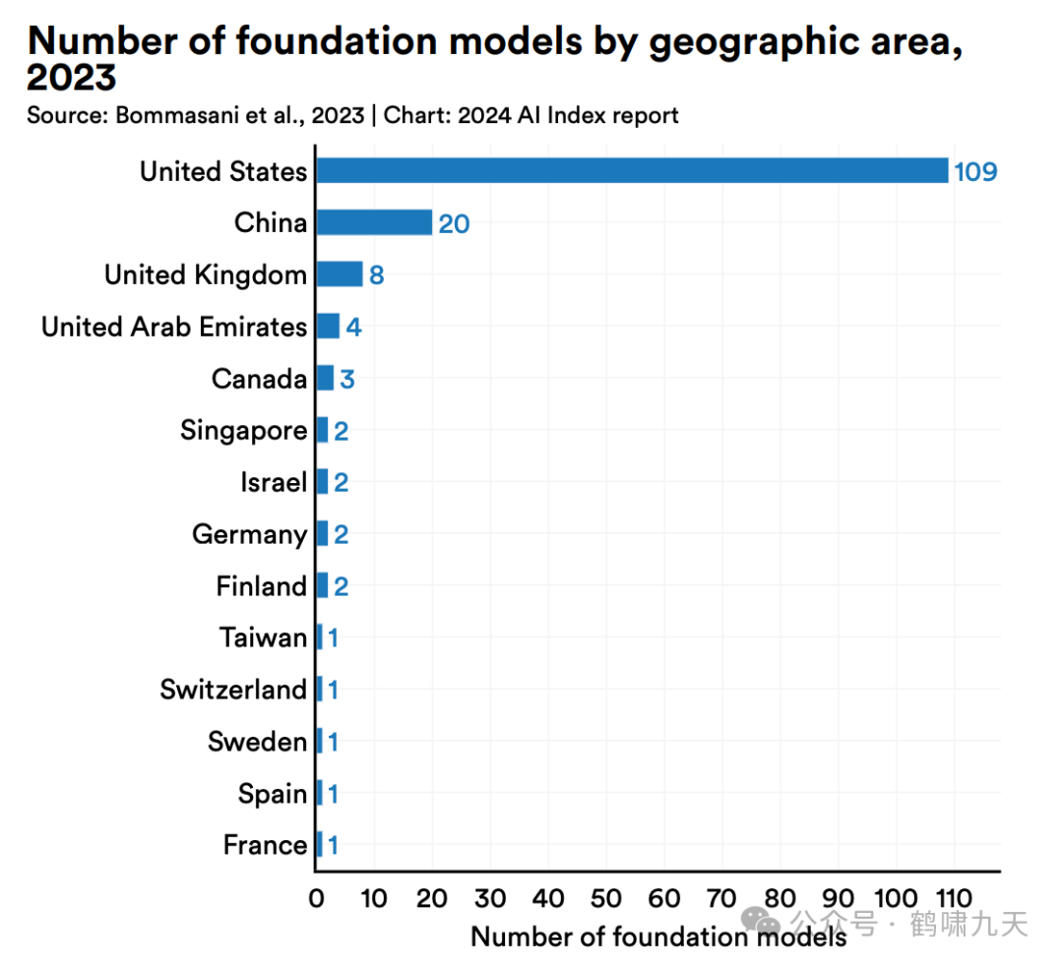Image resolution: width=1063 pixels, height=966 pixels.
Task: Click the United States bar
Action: coord(632,170)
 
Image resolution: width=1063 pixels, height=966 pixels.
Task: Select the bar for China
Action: coord(374,222)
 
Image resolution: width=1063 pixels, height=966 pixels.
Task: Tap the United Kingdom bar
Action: coord(340,274)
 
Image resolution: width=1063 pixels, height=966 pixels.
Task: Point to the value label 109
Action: coord(975,172)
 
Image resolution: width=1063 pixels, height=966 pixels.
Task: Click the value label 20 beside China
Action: coord(454,224)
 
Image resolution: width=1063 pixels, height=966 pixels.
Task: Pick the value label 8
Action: coord(376,275)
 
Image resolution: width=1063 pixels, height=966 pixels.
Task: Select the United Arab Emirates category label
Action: coord(174,327)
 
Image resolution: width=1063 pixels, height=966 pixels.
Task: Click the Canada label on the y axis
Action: coord(259,379)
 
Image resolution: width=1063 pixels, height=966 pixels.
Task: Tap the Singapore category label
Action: coord(243,431)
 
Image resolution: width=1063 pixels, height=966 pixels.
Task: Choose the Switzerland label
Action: coord(233,690)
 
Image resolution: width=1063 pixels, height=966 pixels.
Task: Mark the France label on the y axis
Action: coord(265,845)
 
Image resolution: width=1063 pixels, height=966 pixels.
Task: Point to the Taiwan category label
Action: coord(263,637)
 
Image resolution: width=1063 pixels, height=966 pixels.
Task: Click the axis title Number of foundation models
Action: coord(657,936)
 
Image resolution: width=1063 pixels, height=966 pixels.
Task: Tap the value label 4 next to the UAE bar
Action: coord(353,328)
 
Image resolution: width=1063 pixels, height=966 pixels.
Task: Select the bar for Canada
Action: coord(325,378)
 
